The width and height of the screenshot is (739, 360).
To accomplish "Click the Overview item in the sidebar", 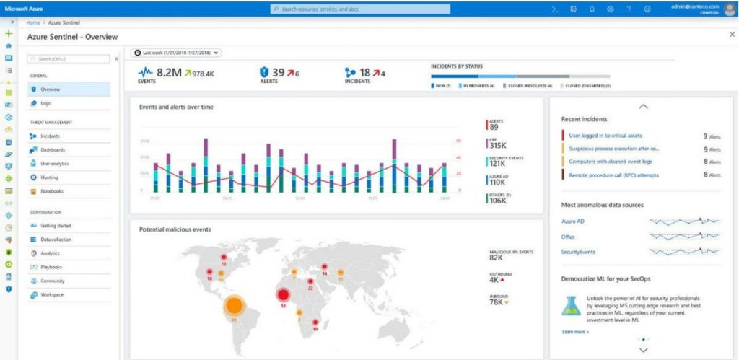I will click(51, 89).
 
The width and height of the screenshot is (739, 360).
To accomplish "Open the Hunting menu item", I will click(50, 177).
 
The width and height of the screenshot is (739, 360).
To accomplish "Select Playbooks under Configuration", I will click(52, 267).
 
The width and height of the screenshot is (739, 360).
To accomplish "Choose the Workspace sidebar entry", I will click(53, 295).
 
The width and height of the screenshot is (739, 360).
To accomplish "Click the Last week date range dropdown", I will click(177, 53).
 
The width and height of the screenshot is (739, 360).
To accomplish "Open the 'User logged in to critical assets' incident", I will click(605, 136).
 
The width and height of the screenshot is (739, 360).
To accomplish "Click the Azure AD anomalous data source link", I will click(572, 221).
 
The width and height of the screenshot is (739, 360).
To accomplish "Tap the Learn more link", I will click(575, 332).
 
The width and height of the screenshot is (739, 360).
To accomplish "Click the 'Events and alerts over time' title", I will click(177, 107).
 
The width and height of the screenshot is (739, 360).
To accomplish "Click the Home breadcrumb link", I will click(33, 23).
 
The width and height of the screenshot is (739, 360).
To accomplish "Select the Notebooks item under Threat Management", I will click(51, 191).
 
